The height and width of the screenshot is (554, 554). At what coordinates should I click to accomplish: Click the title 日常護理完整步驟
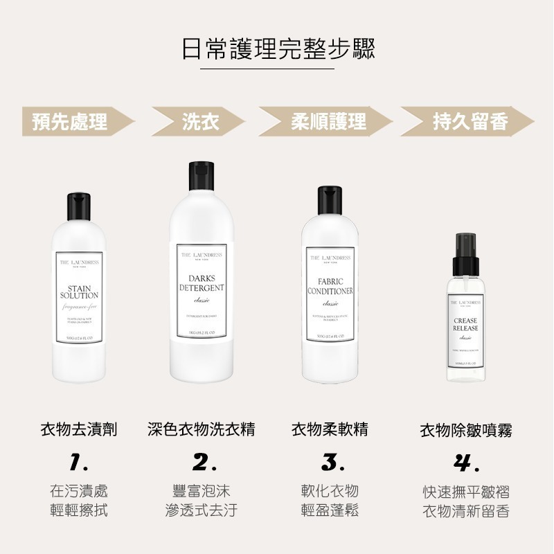pos(277,48)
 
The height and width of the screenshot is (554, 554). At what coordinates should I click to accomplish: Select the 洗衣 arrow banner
pos(200,123)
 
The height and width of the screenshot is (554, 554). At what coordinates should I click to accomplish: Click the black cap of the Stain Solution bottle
pos(79,206)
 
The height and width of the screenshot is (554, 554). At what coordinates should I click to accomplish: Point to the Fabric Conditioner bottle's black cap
pos(330,201)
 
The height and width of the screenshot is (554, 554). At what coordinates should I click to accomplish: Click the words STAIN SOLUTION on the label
pos(79,292)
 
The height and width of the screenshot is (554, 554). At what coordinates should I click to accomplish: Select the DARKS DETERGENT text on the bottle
pos(202,283)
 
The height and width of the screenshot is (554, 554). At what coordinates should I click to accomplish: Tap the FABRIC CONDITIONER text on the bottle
pos(330,287)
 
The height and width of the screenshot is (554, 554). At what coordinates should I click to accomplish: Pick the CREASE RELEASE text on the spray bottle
pos(465,324)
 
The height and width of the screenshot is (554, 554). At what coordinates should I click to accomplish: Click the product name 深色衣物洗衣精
pos(202,429)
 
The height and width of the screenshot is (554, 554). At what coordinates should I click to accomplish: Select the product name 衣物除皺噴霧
pos(466,430)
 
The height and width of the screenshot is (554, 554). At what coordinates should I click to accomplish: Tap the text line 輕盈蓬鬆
pos(330,511)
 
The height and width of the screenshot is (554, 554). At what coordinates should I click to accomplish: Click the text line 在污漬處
pos(79,491)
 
